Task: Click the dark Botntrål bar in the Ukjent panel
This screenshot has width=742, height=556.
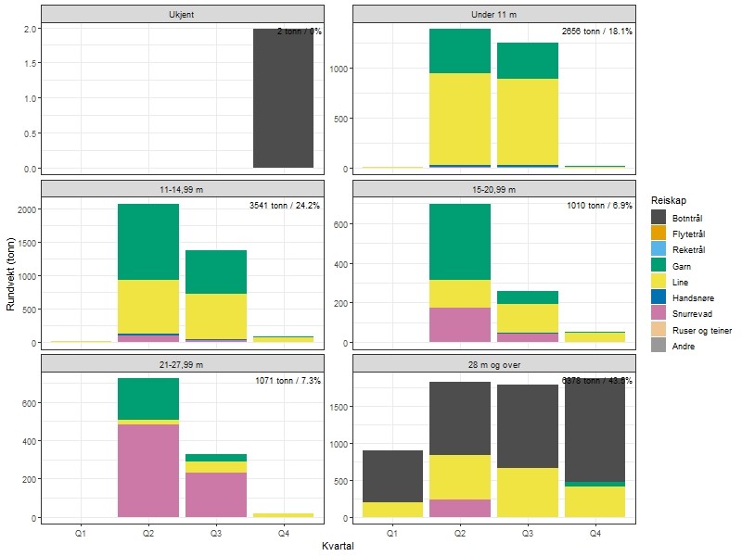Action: click(284, 98)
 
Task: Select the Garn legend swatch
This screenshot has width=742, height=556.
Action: click(660, 266)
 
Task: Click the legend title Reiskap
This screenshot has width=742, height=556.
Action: click(669, 200)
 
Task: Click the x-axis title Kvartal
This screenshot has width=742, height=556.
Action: click(338, 547)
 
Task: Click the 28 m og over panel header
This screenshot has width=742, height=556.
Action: click(494, 364)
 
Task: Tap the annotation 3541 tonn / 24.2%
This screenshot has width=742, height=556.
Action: click(285, 206)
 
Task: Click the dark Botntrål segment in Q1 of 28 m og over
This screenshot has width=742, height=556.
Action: click(392, 476)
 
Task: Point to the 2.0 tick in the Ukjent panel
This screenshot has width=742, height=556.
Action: click(31, 29)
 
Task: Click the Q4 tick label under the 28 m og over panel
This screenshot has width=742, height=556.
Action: click(595, 534)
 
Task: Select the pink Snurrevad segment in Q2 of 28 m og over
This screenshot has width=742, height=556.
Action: click(460, 508)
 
